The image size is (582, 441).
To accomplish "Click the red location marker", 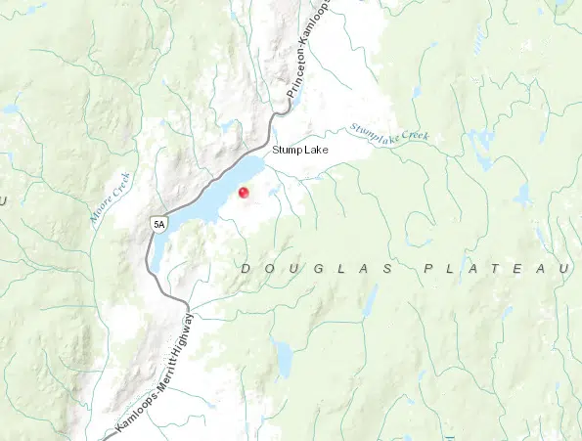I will (244, 194).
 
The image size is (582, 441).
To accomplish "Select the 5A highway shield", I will (158, 224).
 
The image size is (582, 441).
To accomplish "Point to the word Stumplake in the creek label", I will (371, 129).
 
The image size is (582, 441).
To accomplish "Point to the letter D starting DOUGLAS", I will (245, 268).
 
